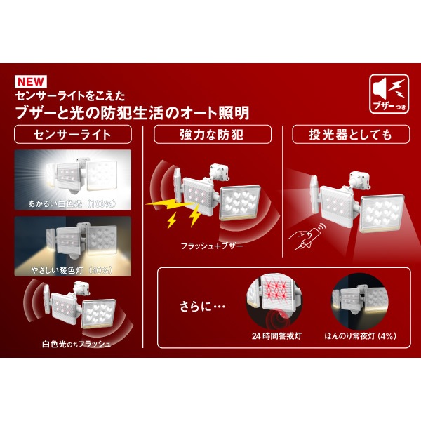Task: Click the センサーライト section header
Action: (x=73, y=135)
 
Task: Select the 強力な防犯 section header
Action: (x=213, y=135)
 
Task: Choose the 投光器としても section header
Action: (x=352, y=135)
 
